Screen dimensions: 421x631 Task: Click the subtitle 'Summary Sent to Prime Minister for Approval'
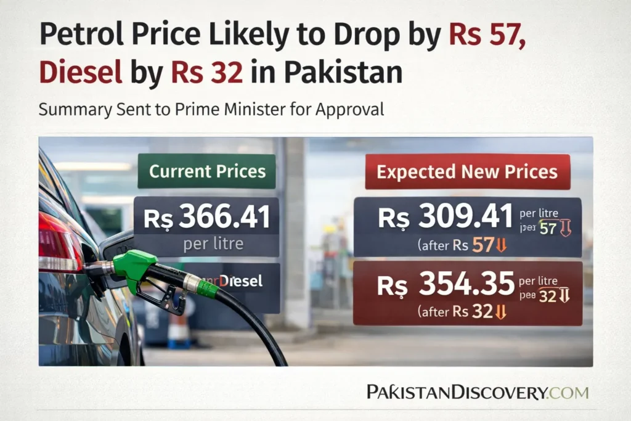[x=211, y=110]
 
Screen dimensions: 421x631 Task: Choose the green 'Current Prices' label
[x=207, y=171]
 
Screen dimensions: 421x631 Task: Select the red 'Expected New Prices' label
[x=467, y=171]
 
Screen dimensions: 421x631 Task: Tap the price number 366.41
[x=225, y=218]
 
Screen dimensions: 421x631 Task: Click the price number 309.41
[x=465, y=218]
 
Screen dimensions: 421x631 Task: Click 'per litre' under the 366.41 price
[x=213, y=243]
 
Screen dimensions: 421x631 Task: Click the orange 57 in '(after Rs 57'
[x=482, y=246]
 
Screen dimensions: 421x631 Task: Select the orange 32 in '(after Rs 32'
[x=482, y=312]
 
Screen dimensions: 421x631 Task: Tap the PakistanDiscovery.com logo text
[x=477, y=392]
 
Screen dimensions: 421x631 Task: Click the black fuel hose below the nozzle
[x=259, y=327]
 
